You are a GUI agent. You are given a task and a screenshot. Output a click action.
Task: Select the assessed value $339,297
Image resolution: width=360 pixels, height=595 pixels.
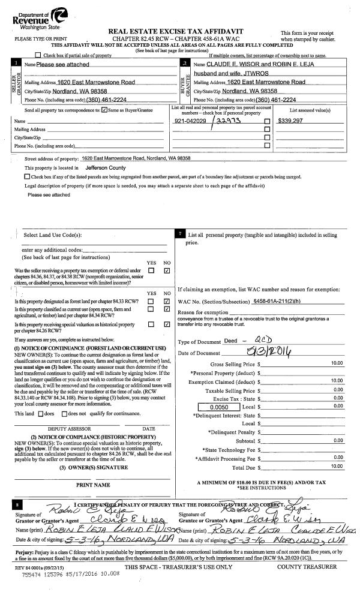pos(291,121)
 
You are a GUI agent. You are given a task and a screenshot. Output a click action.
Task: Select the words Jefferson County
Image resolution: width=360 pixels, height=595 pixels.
pos(106,168)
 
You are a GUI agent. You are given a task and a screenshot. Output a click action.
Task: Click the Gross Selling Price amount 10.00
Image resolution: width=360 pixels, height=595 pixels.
pos(337,363)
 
